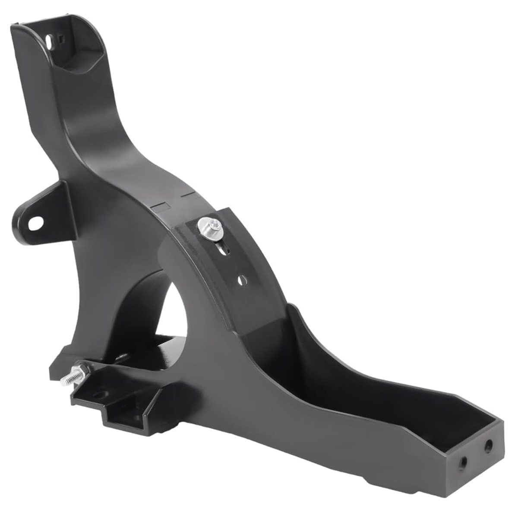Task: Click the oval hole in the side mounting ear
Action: click(x=36, y=223)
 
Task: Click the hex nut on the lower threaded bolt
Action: click(x=82, y=370)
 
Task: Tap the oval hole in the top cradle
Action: click(x=50, y=42)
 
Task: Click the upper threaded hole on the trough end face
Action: click(x=488, y=445)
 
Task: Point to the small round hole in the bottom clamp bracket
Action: click(x=100, y=395)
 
